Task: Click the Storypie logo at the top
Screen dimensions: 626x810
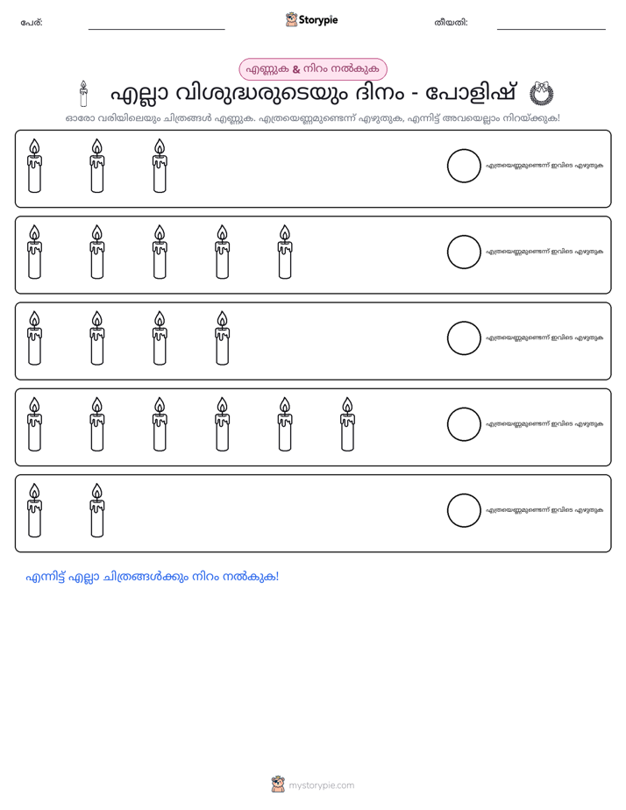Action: pos(311,19)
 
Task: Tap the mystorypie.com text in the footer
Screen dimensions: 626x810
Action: pos(321,785)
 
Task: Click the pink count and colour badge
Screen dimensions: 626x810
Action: pos(312,69)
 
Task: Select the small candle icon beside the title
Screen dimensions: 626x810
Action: pos(83,94)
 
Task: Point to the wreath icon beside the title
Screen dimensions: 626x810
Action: pos(541,94)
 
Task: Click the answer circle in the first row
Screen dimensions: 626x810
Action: pos(464,166)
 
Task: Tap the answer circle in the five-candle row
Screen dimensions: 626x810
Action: pos(464,252)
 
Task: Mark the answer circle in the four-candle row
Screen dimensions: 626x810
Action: pos(464,338)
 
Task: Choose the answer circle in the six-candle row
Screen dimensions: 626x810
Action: pos(464,424)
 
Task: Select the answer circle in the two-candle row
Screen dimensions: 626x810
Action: pos(464,510)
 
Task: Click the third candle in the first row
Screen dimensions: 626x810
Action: pos(160,166)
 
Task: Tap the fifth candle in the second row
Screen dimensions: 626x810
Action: pos(285,252)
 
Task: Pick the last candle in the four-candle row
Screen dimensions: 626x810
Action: pos(222,338)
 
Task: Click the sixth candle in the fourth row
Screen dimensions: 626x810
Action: pos(347,424)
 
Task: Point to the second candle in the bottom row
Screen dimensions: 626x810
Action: pos(97,510)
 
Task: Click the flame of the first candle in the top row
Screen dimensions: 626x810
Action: pos(34,146)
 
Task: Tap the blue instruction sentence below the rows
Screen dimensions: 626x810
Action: pos(153,577)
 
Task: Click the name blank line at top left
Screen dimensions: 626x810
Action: pos(156,30)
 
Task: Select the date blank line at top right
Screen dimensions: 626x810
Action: pos(551,30)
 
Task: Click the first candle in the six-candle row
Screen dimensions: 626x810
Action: pos(34,424)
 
